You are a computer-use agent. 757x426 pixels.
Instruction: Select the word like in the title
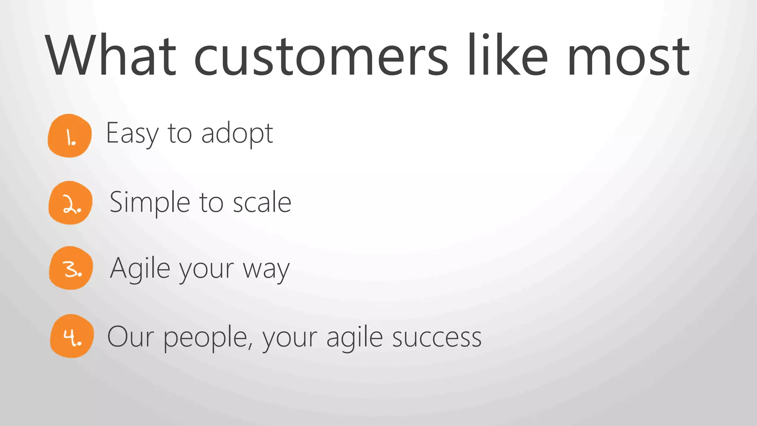click(x=508, y=55)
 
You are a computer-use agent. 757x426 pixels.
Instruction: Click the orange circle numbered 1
click(x=69, y=136)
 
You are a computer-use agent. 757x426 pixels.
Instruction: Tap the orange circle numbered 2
click(x=70, y=203)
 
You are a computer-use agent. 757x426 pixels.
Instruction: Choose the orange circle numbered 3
click(x=71, y=268)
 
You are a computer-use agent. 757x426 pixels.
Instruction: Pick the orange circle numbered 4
click(x=72, y=336)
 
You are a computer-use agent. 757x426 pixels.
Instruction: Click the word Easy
click(x=132, y=134)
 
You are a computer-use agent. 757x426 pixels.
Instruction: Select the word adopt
click(x=237, y=134)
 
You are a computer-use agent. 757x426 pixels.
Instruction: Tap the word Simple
click(x=150, y=203)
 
